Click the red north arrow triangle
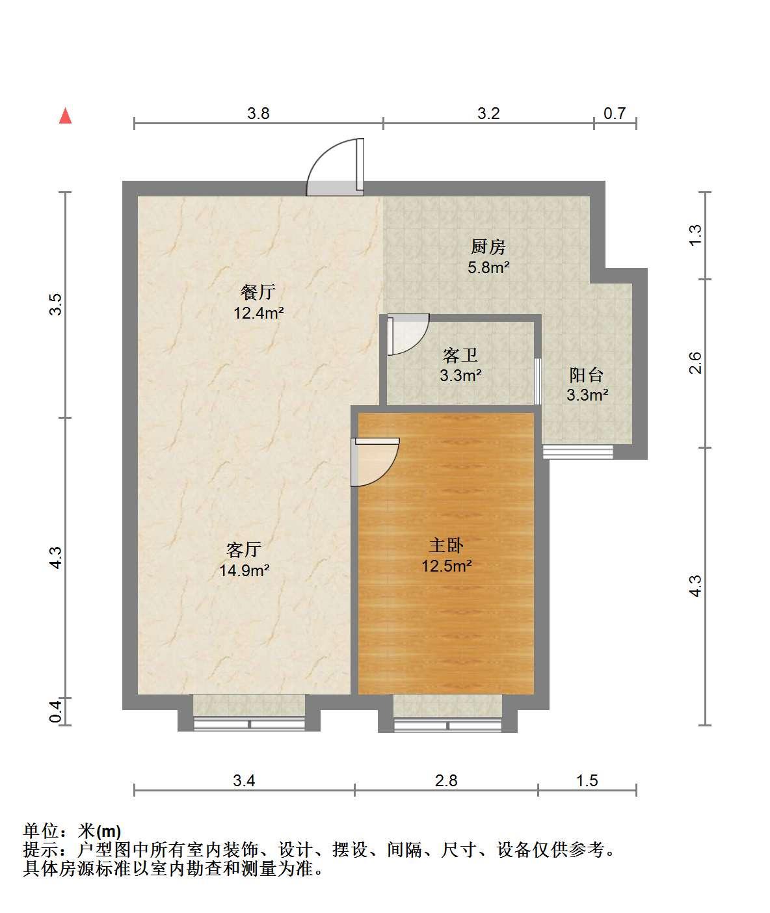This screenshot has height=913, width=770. click(65, 116)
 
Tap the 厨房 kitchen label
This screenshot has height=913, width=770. click(488, 246)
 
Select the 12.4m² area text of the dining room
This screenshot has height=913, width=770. click(258, 313)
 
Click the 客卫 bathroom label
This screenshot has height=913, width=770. click(460, 356)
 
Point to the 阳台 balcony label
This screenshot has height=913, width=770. click(587, 375)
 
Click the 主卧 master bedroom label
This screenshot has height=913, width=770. click(446, 546)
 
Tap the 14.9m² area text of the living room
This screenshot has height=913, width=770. click(244, 570)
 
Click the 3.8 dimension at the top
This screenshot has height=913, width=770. click(258, 114)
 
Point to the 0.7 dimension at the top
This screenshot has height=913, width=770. click(615, 114)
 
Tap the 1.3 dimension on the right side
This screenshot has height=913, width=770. click(695, 235)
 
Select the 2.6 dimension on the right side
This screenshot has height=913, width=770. click(695, 362)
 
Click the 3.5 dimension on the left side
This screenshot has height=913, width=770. click(55, 304)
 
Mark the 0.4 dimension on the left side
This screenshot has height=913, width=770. click(55, 712)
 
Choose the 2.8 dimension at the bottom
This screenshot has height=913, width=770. click(446, 780)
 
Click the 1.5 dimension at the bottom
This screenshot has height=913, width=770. click(587, 780)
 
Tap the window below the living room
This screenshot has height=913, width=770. click(249, 724)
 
